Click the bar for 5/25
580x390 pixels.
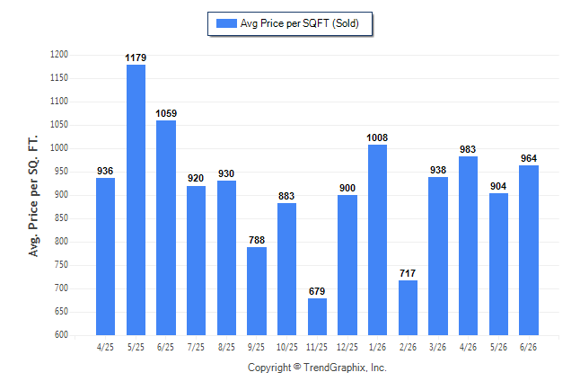click(x=136, y=200)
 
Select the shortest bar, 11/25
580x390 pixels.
click(x=317, y=316)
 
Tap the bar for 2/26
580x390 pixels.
click(x=408, y=308)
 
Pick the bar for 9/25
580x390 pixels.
click(x=257, y=291)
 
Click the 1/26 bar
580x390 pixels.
click(x=377, y=240)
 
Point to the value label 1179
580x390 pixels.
click(x=136, y=58)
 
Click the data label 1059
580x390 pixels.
click(x=166, y=113)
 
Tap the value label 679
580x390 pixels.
click(x=317, y=291)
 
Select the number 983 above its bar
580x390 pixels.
click(x=468, y=149)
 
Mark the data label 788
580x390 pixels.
click(x=257, y=240)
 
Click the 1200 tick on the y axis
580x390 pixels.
click(x=59, y=55)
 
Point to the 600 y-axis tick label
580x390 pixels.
click(x=61, y=334)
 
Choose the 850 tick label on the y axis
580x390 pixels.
click(x=61, y=217)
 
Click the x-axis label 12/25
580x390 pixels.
click(x=347, y=347)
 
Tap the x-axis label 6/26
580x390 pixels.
click(x=528, y=347)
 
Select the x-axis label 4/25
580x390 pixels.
click(x=105, y=347)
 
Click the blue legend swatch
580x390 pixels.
click(x=226, y=23)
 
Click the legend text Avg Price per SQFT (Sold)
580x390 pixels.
click(x=300, y=23)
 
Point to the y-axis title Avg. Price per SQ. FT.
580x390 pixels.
click(x=33, y=196)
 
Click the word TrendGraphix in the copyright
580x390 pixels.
click(x=335, y=368)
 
